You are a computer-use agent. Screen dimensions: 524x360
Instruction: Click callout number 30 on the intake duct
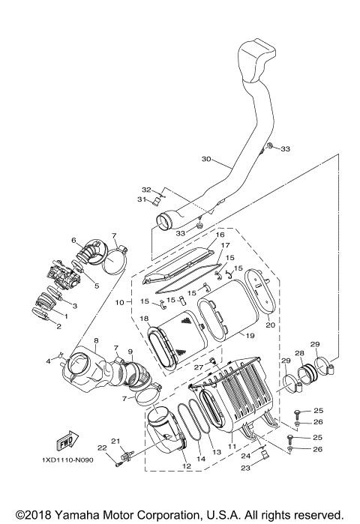(x=207, y=159)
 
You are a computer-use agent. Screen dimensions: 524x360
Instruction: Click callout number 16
(x=220, y=235)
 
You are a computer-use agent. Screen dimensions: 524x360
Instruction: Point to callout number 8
(x=96, y=341)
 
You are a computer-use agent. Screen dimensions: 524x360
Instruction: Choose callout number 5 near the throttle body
(x=97, y=286)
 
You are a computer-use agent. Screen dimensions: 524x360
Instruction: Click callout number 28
(x=299, y=352)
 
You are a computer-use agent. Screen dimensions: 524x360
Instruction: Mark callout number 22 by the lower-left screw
(x=101, y=448)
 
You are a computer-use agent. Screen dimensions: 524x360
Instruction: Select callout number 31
(x=140, y=199)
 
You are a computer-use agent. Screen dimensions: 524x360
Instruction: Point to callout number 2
(x=57, y=326)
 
